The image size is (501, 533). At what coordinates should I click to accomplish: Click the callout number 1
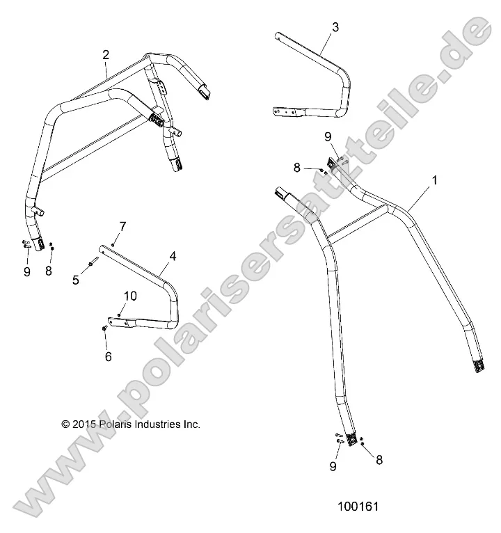435,180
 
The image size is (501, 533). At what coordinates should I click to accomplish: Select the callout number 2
106,54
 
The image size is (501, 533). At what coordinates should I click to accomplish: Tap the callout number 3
335,27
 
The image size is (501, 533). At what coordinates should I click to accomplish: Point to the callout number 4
173,255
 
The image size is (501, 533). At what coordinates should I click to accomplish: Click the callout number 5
77,280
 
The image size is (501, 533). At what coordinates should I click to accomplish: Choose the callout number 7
122,226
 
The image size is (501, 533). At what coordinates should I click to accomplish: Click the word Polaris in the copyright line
118,424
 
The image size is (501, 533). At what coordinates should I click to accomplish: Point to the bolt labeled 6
104,328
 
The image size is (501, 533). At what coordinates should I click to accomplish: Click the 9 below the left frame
27,272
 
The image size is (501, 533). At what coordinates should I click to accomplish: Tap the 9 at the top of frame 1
328,137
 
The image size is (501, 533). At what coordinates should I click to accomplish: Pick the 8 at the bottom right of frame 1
379,459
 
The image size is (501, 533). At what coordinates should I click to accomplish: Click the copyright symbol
65,424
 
